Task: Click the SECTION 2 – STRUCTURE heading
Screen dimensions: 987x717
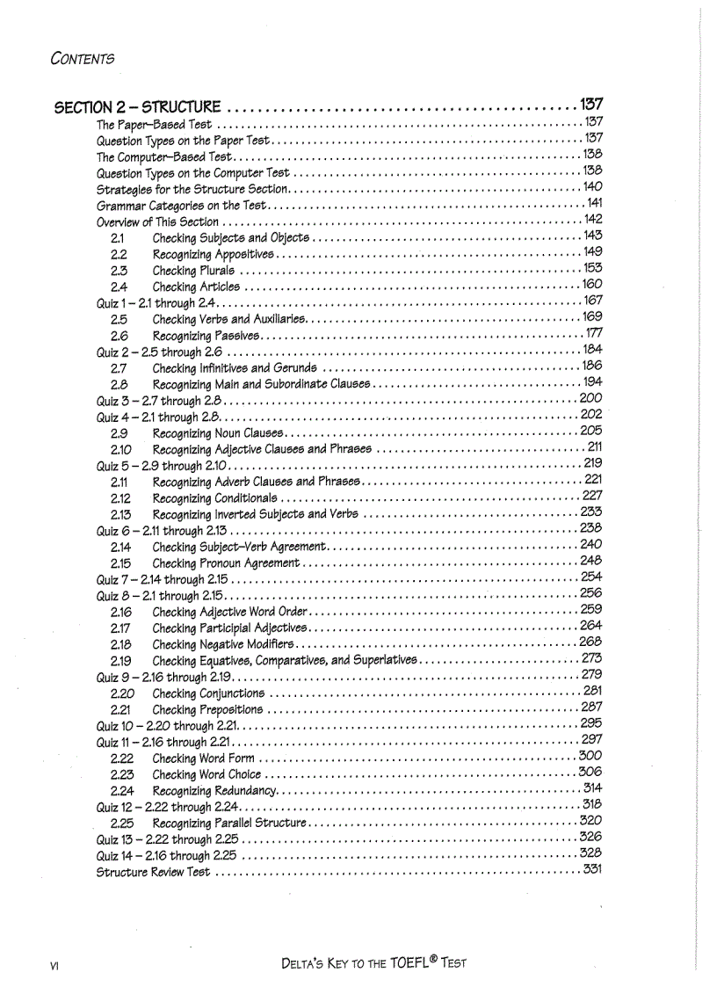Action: (137, 108)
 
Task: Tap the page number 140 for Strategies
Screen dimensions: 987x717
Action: (592, 188)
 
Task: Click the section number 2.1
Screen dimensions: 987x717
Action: (117, 237)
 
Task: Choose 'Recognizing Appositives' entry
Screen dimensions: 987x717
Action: (214, 254)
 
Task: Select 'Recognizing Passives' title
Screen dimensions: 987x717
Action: (205, 335)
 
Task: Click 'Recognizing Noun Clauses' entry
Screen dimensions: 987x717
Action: (217, 432)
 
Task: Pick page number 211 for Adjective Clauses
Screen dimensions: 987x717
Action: (594, 448)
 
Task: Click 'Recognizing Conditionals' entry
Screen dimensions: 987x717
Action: (214, 497)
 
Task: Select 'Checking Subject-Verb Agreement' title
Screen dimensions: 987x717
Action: (239, 546)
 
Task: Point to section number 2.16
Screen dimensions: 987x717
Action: (120, 610)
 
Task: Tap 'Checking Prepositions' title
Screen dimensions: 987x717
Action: (207, 708)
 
